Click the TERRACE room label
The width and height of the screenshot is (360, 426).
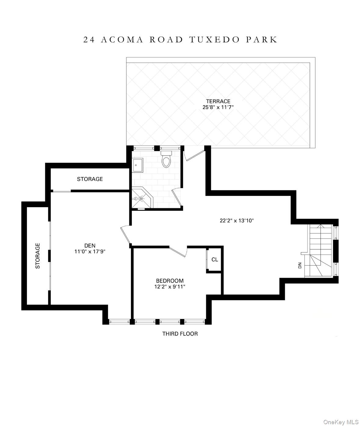coord(218,101)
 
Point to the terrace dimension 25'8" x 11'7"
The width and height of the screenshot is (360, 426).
coord(218,107)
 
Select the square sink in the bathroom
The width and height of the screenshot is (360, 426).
coord(137,165)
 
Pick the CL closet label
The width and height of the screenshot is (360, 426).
coord(215,259)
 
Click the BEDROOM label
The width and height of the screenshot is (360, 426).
coord(170,281)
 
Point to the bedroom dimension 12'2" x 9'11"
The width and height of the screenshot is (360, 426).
coord(170,287)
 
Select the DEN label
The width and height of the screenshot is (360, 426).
coord(90,245)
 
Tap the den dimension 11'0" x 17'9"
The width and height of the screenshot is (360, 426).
coord(90,252)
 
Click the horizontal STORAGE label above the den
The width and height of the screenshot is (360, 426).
coord(90,179)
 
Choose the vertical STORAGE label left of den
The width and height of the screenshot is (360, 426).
coord(38,256)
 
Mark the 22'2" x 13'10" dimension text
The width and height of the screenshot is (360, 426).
coord(237,220)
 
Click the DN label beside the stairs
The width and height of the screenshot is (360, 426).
coord(300,265)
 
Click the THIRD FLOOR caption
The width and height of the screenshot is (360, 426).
coord(180,334)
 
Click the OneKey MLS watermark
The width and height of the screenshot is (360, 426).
coord(341,422)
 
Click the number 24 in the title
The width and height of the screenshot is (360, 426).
coord(89,40)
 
